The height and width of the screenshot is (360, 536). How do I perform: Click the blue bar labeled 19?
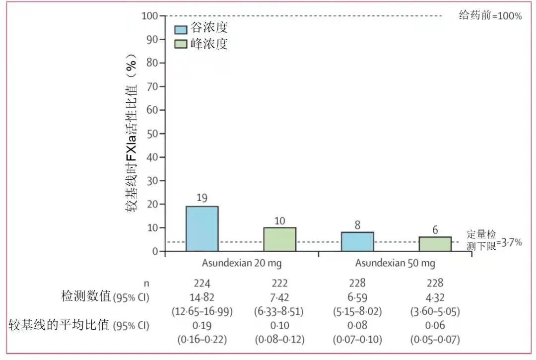pos(202,229)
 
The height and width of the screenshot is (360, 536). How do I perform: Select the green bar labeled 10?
pos(279,239)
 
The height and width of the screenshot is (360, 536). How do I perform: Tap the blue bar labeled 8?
pos(357,242)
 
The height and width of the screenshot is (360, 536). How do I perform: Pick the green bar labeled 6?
pos(435,244)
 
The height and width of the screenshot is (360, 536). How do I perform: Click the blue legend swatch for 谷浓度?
pos(180,28)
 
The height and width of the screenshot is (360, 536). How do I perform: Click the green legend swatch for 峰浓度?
pos(180,44)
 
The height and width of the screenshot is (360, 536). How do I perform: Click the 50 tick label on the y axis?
pos(152,134)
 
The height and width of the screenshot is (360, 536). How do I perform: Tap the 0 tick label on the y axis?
pos(155,251)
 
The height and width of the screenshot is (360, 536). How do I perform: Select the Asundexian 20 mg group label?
pos(241,263)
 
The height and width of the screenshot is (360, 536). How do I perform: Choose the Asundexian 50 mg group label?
pos(395,263)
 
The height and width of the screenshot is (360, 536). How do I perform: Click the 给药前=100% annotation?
pos(490,16)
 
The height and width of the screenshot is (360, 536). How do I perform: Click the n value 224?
pos(202,284)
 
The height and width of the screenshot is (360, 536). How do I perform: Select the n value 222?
pos(279,284)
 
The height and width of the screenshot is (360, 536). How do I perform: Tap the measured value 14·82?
pos(202,297)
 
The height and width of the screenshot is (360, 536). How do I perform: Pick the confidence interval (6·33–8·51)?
pos(279,311)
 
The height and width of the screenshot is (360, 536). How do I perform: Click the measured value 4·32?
pos(435,297)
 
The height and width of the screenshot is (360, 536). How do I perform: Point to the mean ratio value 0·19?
pos(202,326)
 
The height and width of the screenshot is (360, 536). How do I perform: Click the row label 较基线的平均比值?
pos(59,326)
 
